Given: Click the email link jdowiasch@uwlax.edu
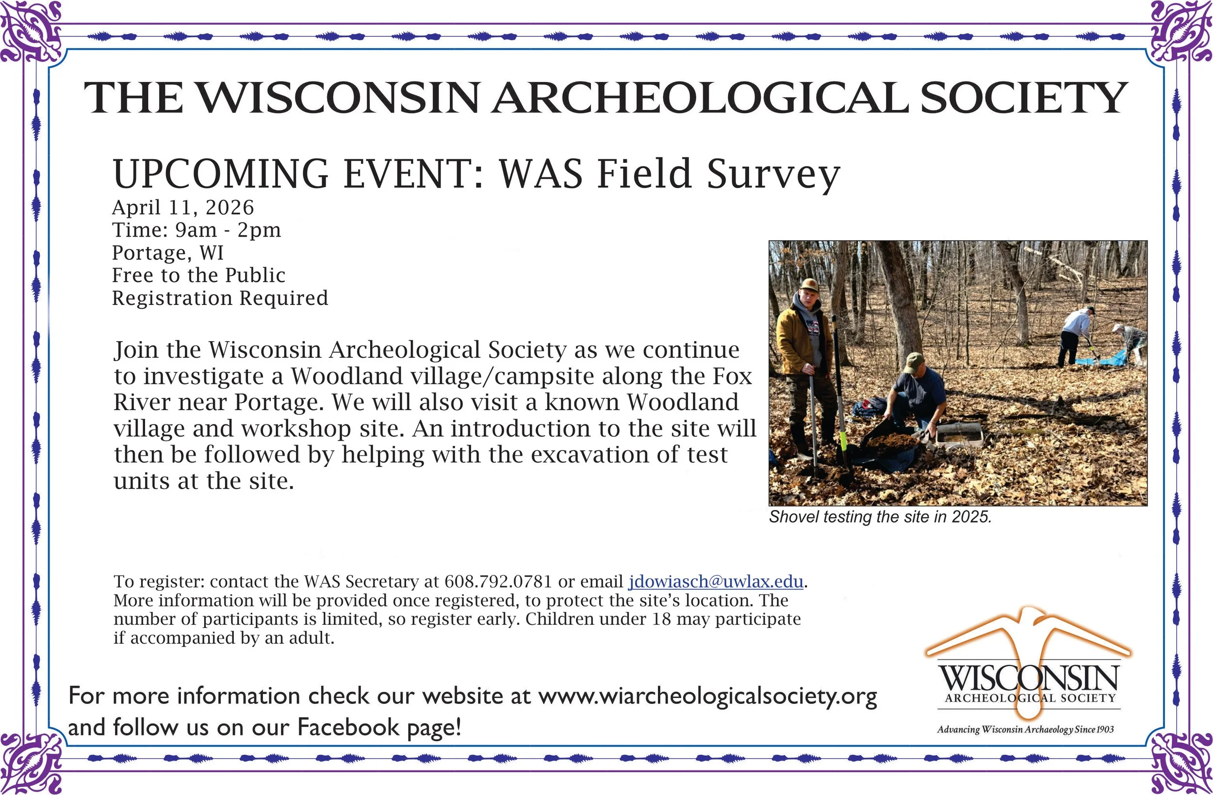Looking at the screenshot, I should [x=716, y=582].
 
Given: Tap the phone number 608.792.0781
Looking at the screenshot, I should [x=498, y=582].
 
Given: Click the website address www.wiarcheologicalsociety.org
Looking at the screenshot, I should [x=707, y=696].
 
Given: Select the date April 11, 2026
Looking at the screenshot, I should [x=183, y=208].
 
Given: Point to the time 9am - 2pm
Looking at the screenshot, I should [x=228, y=230].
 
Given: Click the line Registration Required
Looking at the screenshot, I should [x=220, y=299].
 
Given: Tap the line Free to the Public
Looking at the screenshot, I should [x=199, y=275].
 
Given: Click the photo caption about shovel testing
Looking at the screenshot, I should [x=880, y=517].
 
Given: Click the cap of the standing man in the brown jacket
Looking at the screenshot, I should [x=809, y=284].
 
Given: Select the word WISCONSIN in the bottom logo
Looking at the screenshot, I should [x=1028, y=677].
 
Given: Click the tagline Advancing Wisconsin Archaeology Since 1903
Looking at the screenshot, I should [x=1025, y=729].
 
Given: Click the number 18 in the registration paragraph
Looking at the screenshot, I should [x=660, y=620].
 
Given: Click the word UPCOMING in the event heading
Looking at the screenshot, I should [x=221, y=174].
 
